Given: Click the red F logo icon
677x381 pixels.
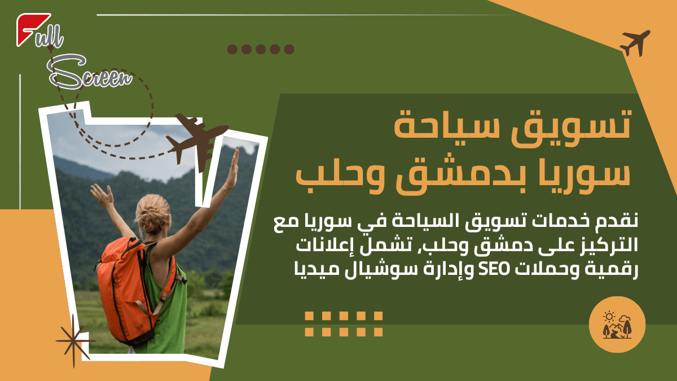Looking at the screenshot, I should click(32, 28).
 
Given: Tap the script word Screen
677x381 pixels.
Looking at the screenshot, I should click(90, 74).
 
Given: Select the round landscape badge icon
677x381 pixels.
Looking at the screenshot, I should click(617, 325).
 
